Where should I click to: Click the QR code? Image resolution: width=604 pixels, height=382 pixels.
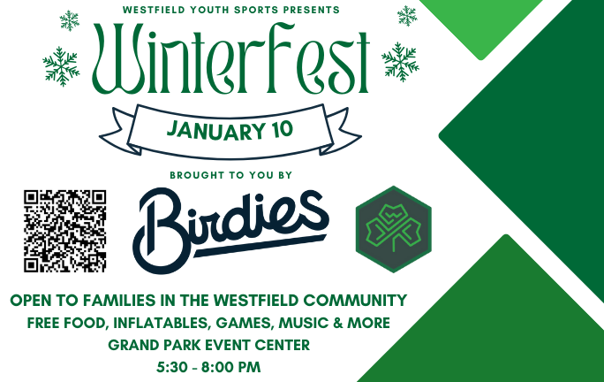click(x=64, y=230)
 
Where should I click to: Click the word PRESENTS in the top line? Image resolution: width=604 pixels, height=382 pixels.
click(x=307, y=9)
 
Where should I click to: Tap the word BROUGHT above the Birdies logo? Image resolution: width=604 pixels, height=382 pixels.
click(x=193, y=175)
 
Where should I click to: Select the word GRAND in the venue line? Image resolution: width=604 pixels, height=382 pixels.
click(x=131, y=344)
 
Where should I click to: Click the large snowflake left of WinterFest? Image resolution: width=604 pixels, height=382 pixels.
click(x=61, y=65)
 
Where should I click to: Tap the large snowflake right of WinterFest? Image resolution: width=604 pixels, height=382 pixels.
click(x=399, y=60)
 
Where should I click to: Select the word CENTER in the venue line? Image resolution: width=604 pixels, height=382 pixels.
click(x=282, y=344)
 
